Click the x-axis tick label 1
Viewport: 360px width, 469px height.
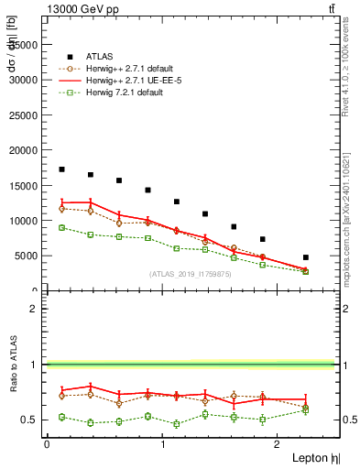click(163, 444)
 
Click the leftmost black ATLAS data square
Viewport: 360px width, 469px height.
click(61, 169)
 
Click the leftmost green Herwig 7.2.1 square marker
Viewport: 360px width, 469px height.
click(61, 227)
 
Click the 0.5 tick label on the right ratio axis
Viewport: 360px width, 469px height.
click(349, 420)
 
